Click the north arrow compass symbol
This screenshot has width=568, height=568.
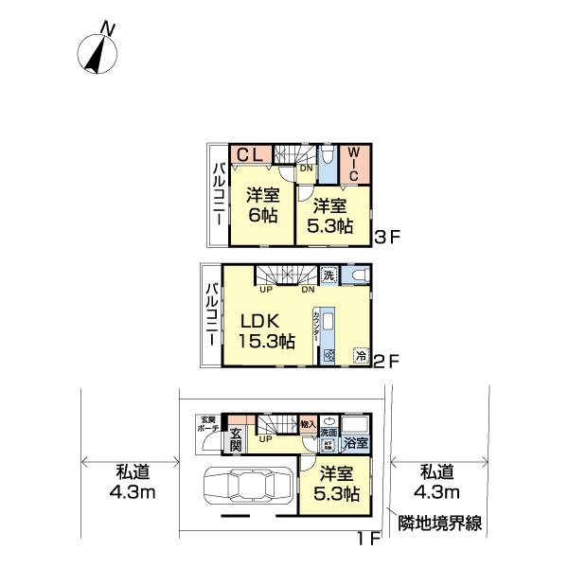[98, 50]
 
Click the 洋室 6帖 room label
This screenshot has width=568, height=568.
[262, 205]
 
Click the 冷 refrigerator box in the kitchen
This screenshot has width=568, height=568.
[361, 356]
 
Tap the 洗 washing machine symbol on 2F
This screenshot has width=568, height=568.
[327, 275]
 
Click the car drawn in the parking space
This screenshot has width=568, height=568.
[245, 490]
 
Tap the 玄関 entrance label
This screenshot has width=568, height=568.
[237, 441]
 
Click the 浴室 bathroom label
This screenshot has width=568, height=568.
[355, 441]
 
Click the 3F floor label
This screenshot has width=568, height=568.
[388, 238]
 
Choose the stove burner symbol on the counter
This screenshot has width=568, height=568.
[328, 356]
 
